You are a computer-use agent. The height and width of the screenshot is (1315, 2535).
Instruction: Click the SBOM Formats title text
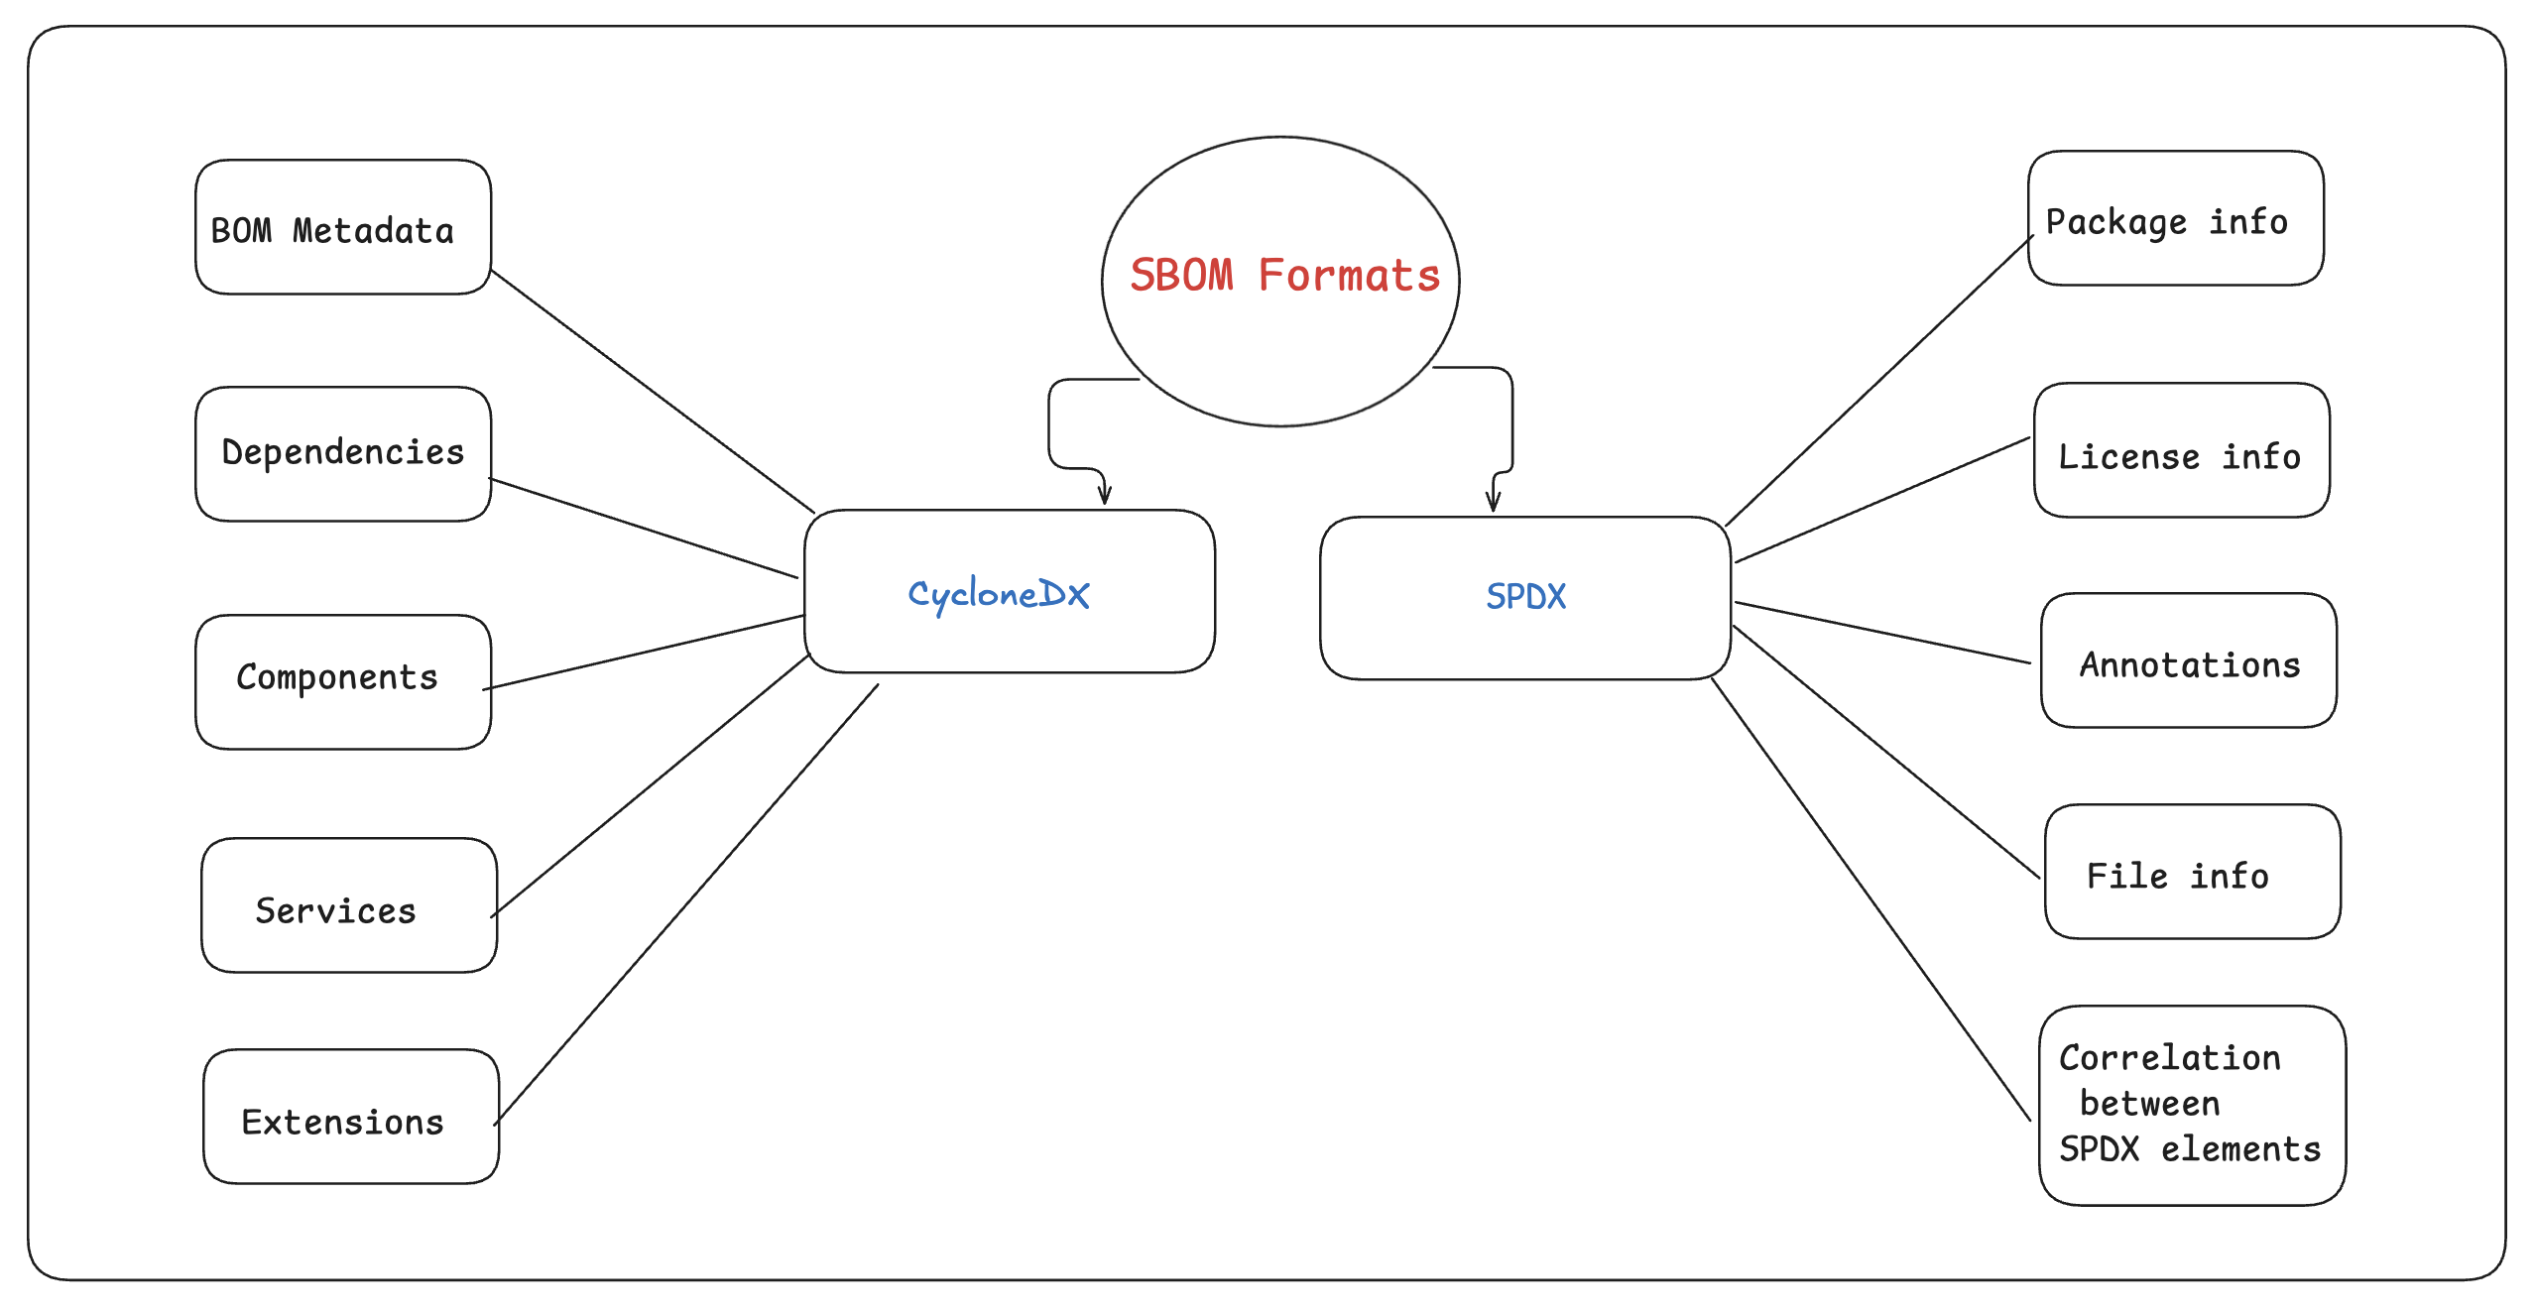point(1284,276)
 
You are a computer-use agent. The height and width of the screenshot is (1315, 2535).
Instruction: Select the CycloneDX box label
point(999,594)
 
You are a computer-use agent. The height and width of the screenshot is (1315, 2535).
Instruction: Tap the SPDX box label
point(1525,596)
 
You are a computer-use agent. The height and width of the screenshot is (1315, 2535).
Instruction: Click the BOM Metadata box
point(343,227)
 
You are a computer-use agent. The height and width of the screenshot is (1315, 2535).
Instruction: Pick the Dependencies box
point(343,453)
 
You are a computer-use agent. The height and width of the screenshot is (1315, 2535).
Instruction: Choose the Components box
point(343,681)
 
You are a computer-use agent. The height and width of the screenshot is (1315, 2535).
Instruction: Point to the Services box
point(348,904)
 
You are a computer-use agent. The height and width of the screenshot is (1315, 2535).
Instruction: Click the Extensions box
point(351,1116)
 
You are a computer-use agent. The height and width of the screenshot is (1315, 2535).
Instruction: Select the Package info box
point(2175,218)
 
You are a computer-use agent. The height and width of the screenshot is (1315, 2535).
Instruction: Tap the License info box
point(2181,450)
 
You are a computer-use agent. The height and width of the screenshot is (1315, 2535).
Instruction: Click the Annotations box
point(2188,660)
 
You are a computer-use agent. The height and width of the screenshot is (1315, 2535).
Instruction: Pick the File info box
point(2192,872)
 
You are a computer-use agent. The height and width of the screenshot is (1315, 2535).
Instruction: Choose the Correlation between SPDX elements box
point(2192,1105)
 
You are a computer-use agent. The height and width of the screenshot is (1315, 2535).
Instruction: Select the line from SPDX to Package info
point(1878,381)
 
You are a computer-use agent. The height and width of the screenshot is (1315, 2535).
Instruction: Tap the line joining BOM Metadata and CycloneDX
point(653,391)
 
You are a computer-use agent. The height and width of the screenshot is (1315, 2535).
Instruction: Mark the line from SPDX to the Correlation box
point(1871,899)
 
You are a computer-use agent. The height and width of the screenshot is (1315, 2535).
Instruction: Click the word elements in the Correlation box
point(2240,1149)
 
